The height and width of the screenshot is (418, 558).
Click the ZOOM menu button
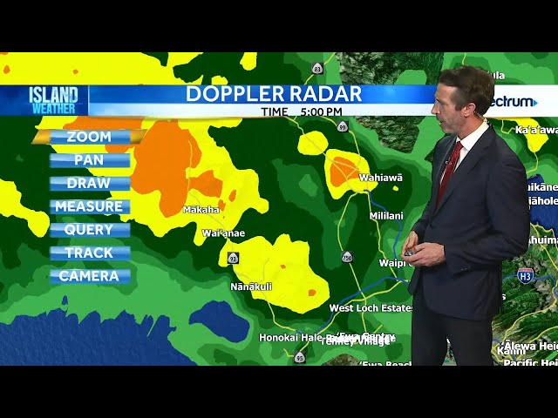coord(89,137)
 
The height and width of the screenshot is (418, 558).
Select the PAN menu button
coord(89,160)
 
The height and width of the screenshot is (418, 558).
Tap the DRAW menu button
coord(89,184)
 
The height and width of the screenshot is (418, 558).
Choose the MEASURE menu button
coord(89,206)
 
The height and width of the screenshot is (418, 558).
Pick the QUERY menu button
coord(89,230)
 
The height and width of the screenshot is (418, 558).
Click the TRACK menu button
coord(89,253)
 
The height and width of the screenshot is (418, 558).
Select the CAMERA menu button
coord(89,276)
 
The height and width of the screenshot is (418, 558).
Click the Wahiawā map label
coord(380,178)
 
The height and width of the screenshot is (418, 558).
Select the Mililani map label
coord(386,215)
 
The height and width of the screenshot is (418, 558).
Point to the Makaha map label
coord(201,210)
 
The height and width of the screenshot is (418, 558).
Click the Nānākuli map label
coord(251,286)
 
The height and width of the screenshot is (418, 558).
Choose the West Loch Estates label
coord(371,308)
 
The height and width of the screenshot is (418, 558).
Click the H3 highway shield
coord(525,276)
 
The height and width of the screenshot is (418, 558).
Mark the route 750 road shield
coord(348,257)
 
